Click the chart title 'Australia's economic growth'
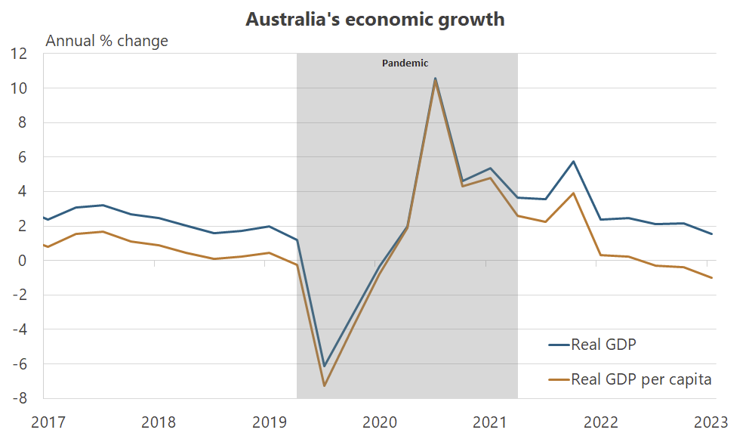tap(375, 20)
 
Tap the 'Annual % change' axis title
tap(107, 41)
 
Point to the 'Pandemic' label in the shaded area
tap(405, 63)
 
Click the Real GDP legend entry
tap(604, 345)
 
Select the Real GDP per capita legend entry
tap(641, 379)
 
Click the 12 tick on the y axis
tap(19, 54)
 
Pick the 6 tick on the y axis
tap(22, 157)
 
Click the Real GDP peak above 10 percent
tap(435, 78)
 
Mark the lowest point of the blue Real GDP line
tap(325, 366)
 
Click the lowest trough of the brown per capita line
tap(325, 386)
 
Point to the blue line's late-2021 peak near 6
tap(574, 162)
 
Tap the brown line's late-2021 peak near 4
tap(574, 193)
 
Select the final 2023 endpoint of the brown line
tap(711, 278)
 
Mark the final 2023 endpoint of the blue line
tap(711, 234)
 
